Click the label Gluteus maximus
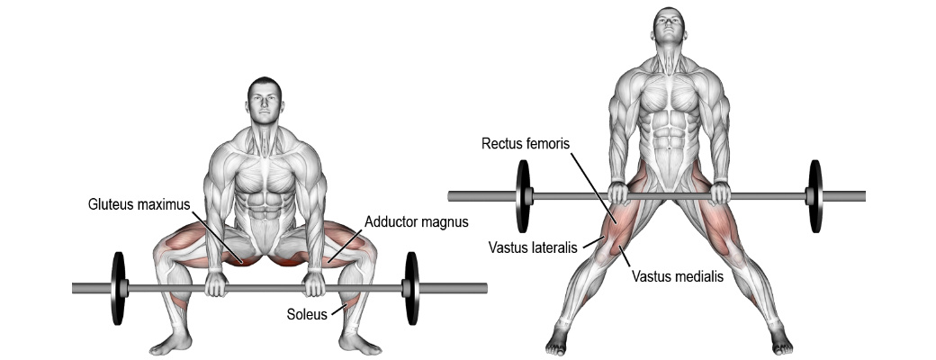(x=139, y=204)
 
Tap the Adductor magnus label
(x=417, y=222)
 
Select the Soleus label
(x=307, y=313)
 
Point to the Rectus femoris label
(x=526, y=144)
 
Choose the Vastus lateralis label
(x=534, y=247)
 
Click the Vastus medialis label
(x=678, y=276)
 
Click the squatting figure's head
(x=265, y=101)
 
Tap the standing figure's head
(x=669, y=28)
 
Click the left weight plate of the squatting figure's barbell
(x=118, y=288)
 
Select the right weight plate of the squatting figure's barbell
(x=411, y=288)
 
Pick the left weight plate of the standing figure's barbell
(x=523, y=196)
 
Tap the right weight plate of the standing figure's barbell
(x=815, y=196)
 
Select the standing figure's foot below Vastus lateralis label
(x=559, y=340)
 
